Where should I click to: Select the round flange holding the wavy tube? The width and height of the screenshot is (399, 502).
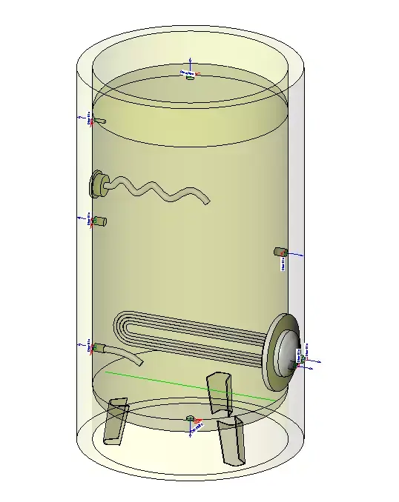click(97, 183)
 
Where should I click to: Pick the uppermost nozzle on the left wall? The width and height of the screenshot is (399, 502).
click(100, 120)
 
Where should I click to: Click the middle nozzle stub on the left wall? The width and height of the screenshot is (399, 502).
click(100, 221)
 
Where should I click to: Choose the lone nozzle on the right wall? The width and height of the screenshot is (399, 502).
click(280, 252)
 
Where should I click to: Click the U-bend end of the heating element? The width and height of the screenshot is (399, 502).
click(119, 328)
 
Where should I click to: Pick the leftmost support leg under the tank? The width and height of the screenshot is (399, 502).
click(116, 421)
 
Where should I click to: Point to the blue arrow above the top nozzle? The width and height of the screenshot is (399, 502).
click(190, 64)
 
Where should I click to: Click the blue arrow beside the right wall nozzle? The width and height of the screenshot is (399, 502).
click(296, 254)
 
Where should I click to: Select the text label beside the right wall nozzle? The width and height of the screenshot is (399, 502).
click(283, 264)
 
